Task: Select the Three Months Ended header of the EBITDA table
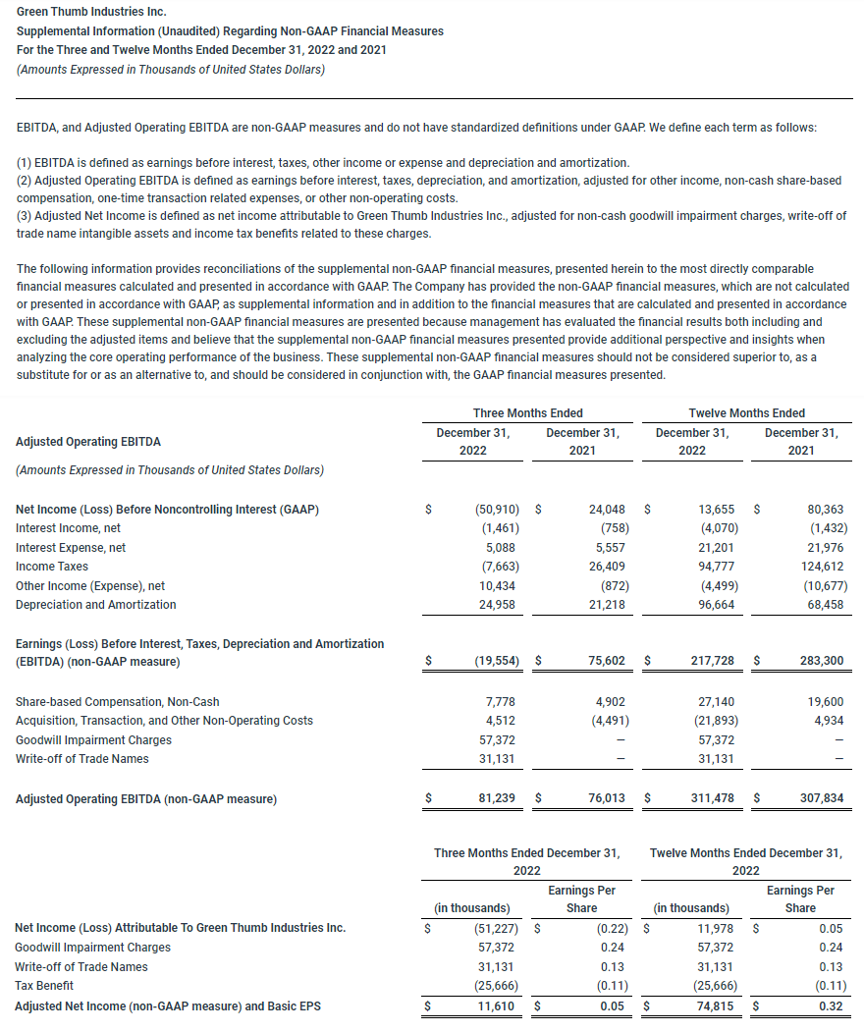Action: [x=527, y=413]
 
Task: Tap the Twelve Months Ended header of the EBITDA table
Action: [x=746, y=413]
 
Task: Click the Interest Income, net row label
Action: [x=68, y=528]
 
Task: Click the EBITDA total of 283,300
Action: [x=820, y=661]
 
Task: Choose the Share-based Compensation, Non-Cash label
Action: [x=118, y=702]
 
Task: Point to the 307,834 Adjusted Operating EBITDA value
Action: [x=820, y=799]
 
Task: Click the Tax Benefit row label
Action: [x=44, y=986]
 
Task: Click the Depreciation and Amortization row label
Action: [x=96, y=605]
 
